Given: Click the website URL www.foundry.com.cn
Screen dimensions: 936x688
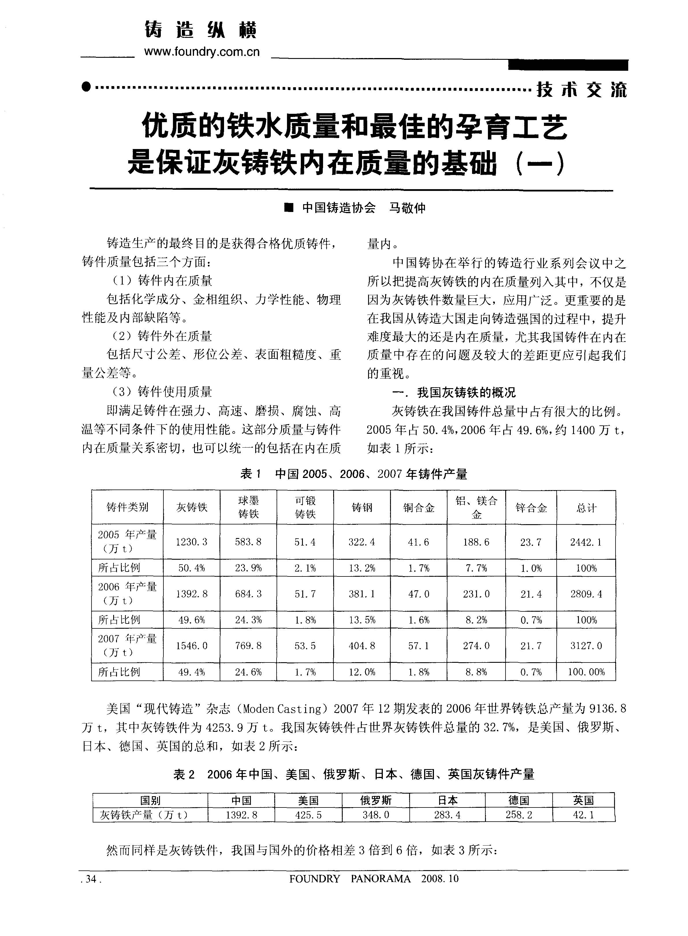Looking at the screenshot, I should pyautogui.click(x=202, y=52).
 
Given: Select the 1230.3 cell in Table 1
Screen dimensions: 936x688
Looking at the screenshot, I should pyautogui.click(x=192, y=542).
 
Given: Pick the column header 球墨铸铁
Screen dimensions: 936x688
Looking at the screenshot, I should pyautogui.click(x=249, y=507).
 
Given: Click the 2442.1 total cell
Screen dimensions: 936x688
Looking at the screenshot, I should pyautogui.click(x=586, y=542).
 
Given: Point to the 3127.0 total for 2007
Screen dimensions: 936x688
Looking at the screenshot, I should pyautogui.click(x=586, y=646).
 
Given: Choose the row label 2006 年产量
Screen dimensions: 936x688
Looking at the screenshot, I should pyautogui.click(x=127, y=587).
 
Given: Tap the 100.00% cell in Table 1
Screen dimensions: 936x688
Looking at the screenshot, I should pyautogui.click(x=586, y=672).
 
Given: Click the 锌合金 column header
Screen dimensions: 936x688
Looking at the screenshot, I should pyautogui.click(x=531, y=508).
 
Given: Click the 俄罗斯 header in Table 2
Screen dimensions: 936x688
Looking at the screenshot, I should pyautogui.click(x=376, y=800).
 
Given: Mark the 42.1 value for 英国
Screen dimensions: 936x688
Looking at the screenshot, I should pyautogui.click(x=583, y=815).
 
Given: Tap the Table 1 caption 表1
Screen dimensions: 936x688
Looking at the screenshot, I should pyautogui.click(x=251, y=474).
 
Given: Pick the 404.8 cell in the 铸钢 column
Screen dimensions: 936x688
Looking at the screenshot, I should pyautogui.click(x=362, y=646).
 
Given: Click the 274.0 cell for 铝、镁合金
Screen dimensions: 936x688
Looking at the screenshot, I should pyautogui.click(x=476, y=646).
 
